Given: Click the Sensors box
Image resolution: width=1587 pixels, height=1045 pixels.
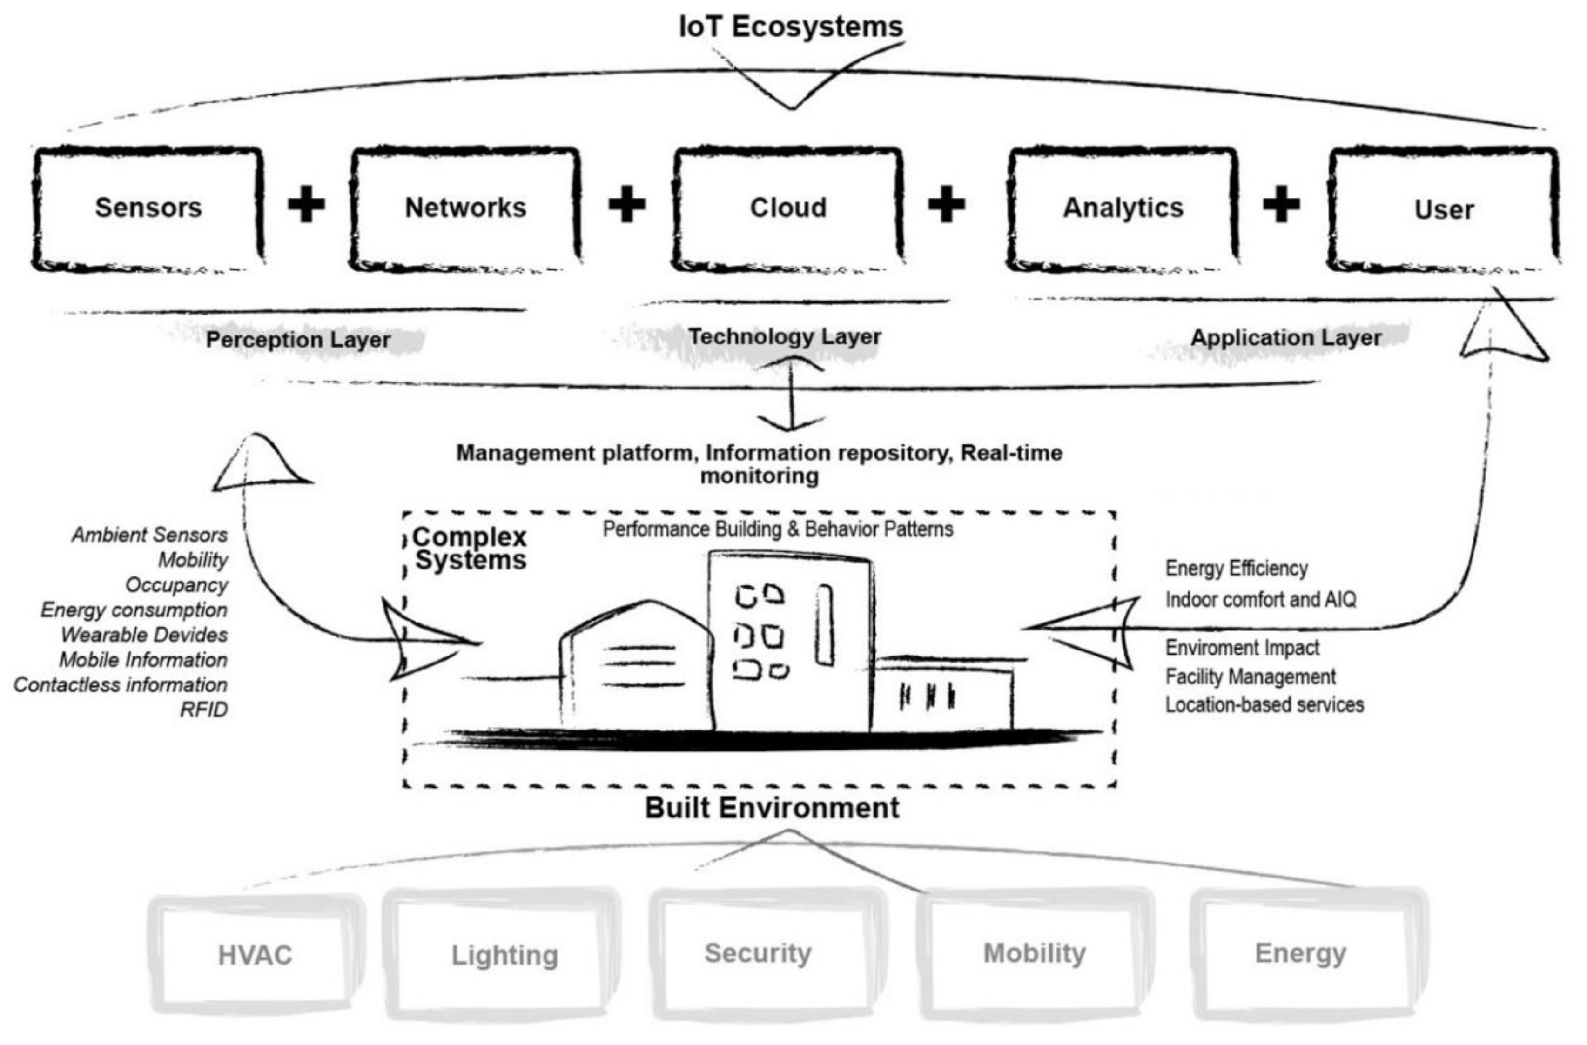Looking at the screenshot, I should pyautogui.click(x=148, y=208).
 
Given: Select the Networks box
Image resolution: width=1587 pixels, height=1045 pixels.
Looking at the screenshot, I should pyautogui.click(x=465, y=208).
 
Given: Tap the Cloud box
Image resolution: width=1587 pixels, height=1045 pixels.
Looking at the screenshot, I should pyautogui.click(x=788, y=208).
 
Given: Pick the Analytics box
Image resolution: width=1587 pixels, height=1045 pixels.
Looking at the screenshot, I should pyautogui.click(x=1123, y=208).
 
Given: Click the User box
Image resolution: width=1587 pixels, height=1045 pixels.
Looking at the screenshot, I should pyautogui.click(x=1444, y=209).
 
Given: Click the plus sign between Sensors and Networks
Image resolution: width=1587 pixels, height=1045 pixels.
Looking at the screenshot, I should pyautogui.click(x=306, y=203).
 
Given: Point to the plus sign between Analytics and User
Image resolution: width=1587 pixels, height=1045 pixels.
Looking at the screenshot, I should pyautogui.click(x=1281, y=203).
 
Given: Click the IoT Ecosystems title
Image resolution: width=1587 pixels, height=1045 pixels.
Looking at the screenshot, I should pyautogui.click(x=791, y=27).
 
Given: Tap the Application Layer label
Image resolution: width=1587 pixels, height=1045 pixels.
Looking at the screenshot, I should pyautogui.click(x=1285, y=337).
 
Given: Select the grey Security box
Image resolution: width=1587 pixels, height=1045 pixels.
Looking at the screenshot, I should pyautogui.click(x=758, y=953).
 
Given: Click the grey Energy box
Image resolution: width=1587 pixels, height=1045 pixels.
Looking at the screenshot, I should pyautogui.click(x=1300, y=953).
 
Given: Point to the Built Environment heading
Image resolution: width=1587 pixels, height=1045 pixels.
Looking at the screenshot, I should pyautogui.click(x=772, y=808).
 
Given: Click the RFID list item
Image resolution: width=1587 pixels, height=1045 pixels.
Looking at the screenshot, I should pyautogui.click(x=203, y=710).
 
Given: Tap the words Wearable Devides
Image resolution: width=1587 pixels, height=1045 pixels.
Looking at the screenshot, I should pyautogui.click(x=144, y=635).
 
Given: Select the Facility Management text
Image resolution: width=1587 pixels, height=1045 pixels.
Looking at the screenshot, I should pyautogui.click(x=1250, y=677).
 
